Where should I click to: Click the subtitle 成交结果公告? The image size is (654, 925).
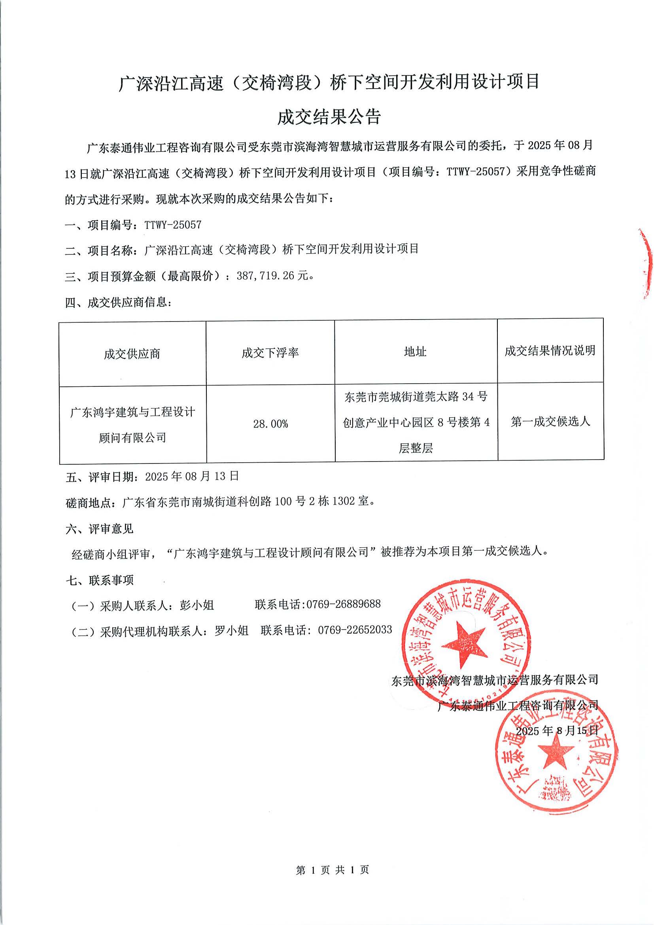(329, 117)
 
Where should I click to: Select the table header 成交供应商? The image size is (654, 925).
(132, 354)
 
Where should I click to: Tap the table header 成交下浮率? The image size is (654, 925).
(270, 353)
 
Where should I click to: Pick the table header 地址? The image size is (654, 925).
(415, 352)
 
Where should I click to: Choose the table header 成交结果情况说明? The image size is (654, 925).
(550, 350)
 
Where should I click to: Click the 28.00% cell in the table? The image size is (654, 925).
(270, 424)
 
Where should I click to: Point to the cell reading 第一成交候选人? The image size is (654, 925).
(550, 422)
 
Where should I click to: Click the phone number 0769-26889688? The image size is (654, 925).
(344, 604)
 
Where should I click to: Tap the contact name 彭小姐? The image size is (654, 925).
(197, 605)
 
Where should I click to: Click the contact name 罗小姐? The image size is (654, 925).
(232, 630)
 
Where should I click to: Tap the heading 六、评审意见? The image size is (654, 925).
(100, 529)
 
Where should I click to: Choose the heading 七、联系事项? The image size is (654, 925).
(100, 580)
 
